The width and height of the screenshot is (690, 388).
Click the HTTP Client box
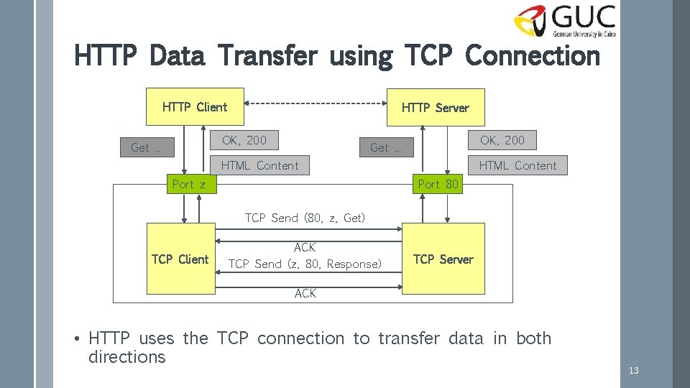tap(195, 107)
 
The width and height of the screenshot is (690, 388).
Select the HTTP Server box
tap(436, 108)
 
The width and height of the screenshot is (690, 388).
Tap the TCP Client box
tap(180, 259)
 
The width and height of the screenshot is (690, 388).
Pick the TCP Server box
tap(443, 259)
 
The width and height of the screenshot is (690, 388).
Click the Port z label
tap(189, 184)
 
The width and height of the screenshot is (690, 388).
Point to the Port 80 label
tap(438, 184)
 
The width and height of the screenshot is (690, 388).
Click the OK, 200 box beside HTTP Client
tap(244, 140)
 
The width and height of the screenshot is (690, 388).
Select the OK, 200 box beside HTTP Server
tap(502, 140)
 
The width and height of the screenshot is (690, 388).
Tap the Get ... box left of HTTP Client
tap(147, 148)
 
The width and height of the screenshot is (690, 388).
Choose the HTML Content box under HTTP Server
tap(517, 165)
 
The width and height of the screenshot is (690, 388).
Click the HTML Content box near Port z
tap(259, 165)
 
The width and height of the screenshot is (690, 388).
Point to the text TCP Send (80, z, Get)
tap(305, 218)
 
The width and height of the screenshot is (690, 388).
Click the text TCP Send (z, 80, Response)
tap(305, 264)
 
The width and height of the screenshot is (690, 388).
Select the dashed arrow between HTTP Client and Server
tap(316, 104)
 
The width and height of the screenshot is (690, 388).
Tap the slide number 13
tap(633, 371)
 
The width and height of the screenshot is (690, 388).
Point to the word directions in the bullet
tap(126, 357)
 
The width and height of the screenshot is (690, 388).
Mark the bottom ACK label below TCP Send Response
tap(305, 293)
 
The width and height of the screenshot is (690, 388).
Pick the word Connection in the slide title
tap(533, 55)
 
